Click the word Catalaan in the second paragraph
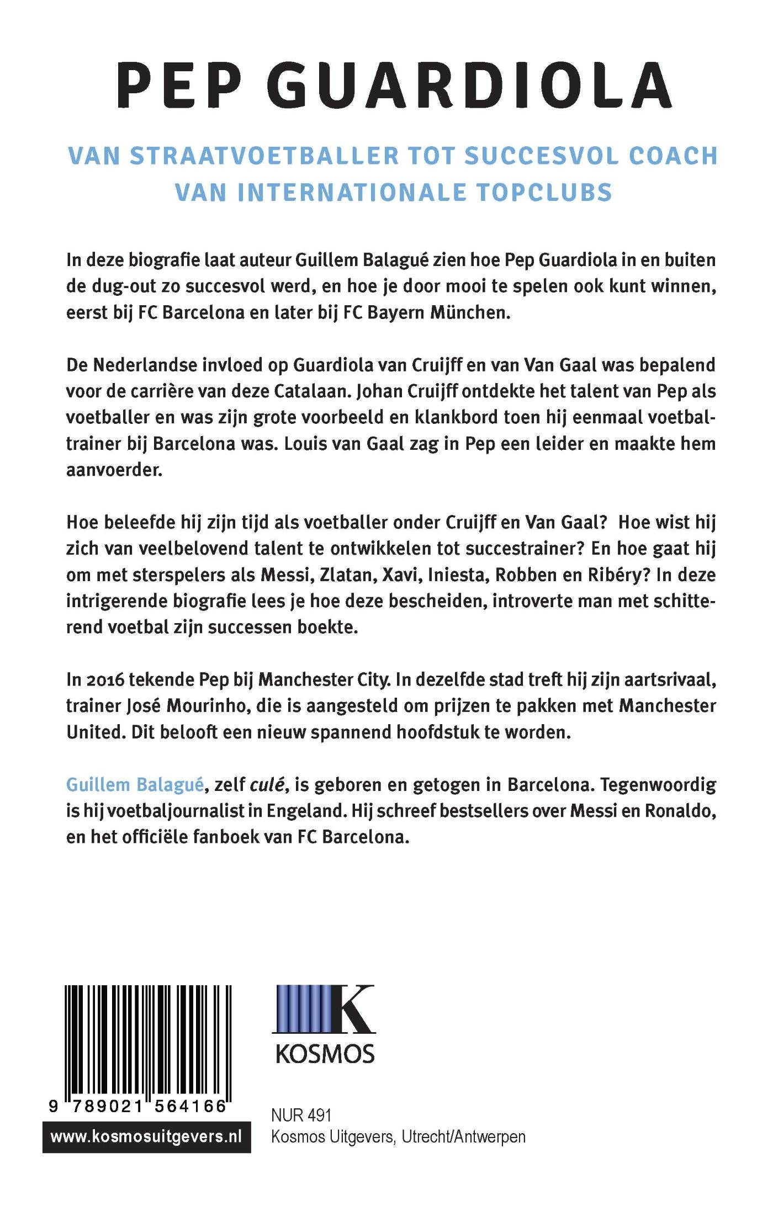point(310,391)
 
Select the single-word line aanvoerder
point(114,470)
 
